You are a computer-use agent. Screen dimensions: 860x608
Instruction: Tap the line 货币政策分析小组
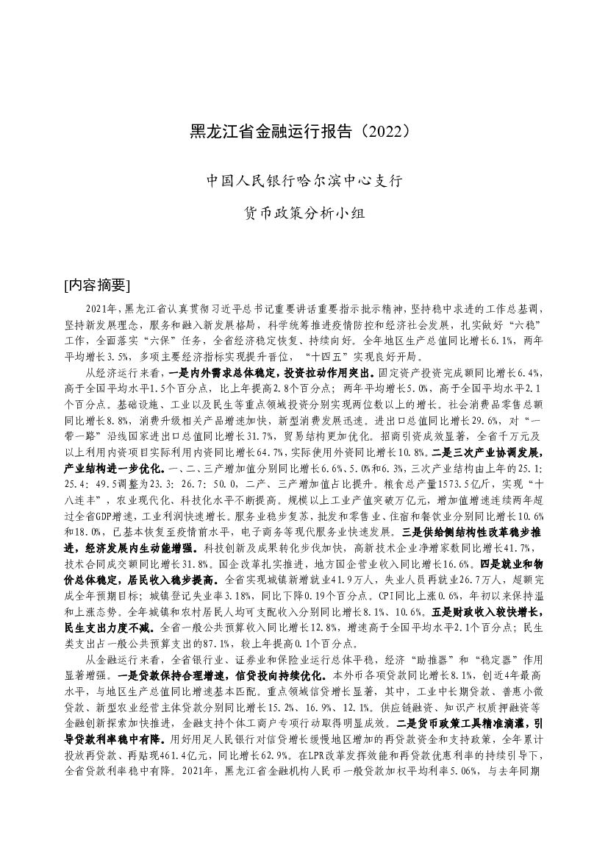point(304,213)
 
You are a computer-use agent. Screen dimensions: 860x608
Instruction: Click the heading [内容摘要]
point(97,285)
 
